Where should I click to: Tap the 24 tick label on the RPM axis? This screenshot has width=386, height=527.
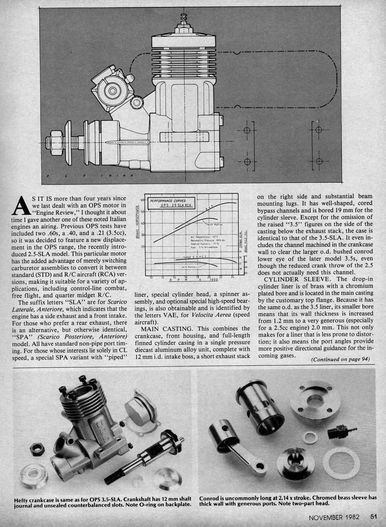(233, 277)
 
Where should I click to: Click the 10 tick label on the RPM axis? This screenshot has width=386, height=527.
(151, 277)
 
